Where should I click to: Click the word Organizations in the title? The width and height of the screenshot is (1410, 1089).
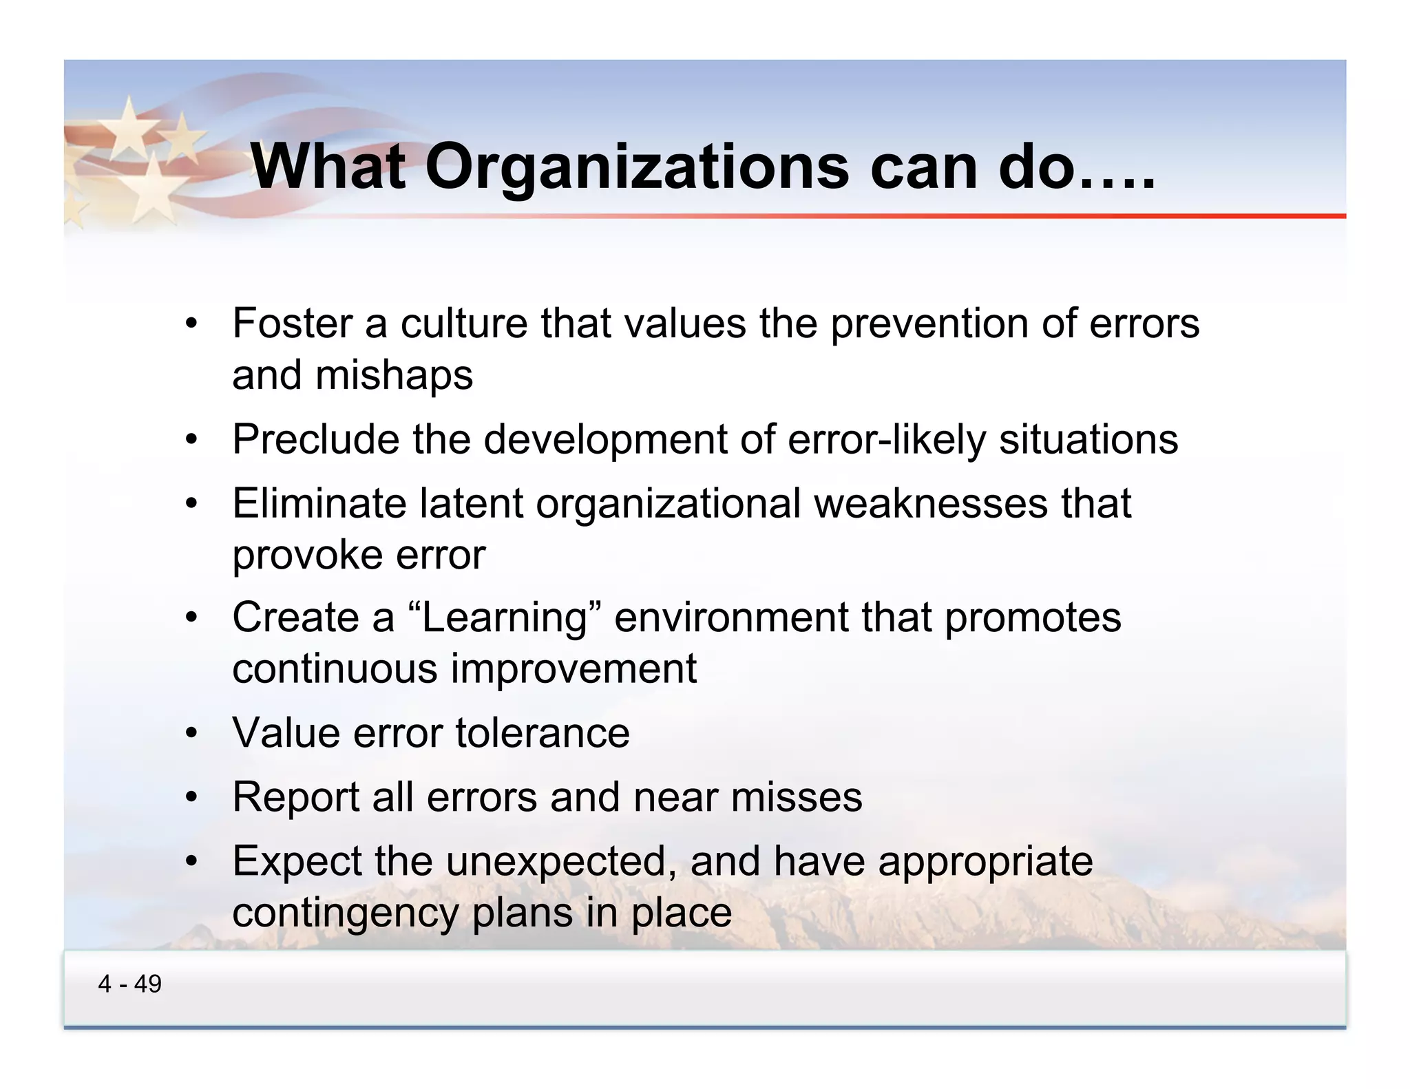[x=638, y=167]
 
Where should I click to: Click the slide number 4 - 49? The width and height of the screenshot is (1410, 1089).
[x=129, y=984]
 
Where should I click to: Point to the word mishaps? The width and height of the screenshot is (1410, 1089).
[x=394, y=376]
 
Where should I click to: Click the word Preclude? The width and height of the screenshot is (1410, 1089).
[x=315, y=439]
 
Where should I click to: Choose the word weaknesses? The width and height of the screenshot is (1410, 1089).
[x=932, y=503]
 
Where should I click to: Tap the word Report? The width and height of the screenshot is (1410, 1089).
[x=296, y=797]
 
